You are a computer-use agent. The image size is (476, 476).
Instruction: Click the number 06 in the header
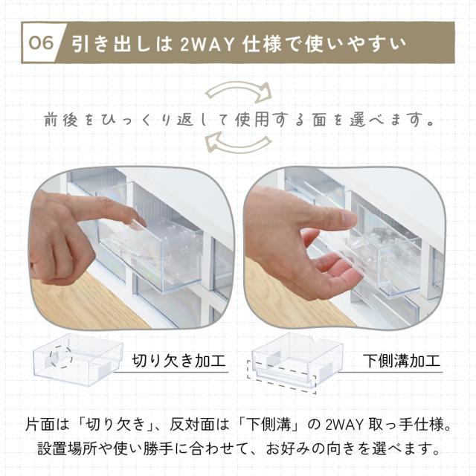tap(41, 42)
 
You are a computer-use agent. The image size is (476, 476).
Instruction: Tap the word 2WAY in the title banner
tap(208, 45)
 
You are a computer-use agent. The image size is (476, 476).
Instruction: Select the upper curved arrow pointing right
tap(239, 91)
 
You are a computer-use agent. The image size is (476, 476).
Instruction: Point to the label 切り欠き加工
tap(178, 361)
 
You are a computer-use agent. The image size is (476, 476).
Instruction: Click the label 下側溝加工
tap(402, 361)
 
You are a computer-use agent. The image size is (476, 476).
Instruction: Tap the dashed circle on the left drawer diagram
tap(61, 356)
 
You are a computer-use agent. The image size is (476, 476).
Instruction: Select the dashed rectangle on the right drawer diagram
tap(281, 377)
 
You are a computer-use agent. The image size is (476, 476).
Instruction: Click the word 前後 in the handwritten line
tap(61, 120)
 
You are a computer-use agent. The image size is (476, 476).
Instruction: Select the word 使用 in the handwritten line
tap(252, 119)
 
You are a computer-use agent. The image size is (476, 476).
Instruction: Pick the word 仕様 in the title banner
tap(262, 45)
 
